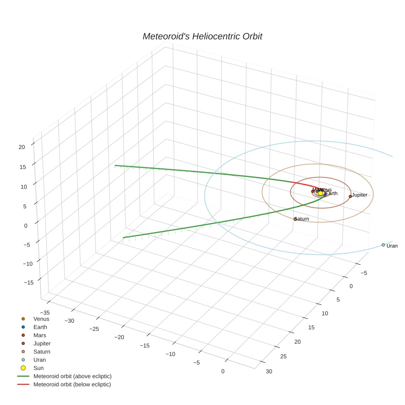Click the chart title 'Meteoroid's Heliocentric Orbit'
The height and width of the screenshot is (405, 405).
tap(202, 37)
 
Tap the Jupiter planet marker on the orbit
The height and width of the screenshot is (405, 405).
tap(350, 196)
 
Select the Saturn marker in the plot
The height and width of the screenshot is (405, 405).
tap(295, 219)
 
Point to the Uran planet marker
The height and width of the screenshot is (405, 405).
tap(383, 245)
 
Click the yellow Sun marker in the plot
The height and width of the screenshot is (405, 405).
tap(321, 193)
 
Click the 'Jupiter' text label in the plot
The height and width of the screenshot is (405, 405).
tap(360, 195)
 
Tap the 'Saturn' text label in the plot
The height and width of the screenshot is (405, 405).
tap(303, 219)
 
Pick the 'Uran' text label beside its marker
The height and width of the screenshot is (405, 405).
tap(392, 246)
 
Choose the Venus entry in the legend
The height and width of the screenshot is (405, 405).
tap(41, 319)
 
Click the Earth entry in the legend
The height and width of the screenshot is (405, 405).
tap(40, 327)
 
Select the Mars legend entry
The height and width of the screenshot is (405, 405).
tap(40, 335)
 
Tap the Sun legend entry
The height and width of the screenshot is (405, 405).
tap(38, 368)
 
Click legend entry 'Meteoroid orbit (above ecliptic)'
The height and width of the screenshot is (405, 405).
tap(72, 376)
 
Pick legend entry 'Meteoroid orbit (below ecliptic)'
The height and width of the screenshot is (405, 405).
tap(72, 384)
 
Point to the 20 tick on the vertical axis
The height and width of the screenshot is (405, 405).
tap(22, 147)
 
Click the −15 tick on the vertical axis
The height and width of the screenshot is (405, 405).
tap(28, 282)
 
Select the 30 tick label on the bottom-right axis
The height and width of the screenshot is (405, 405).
tap(269, 372)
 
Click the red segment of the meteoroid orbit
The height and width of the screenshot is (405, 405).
tap(303, 184)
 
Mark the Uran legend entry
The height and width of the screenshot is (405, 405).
tap(40, 360)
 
